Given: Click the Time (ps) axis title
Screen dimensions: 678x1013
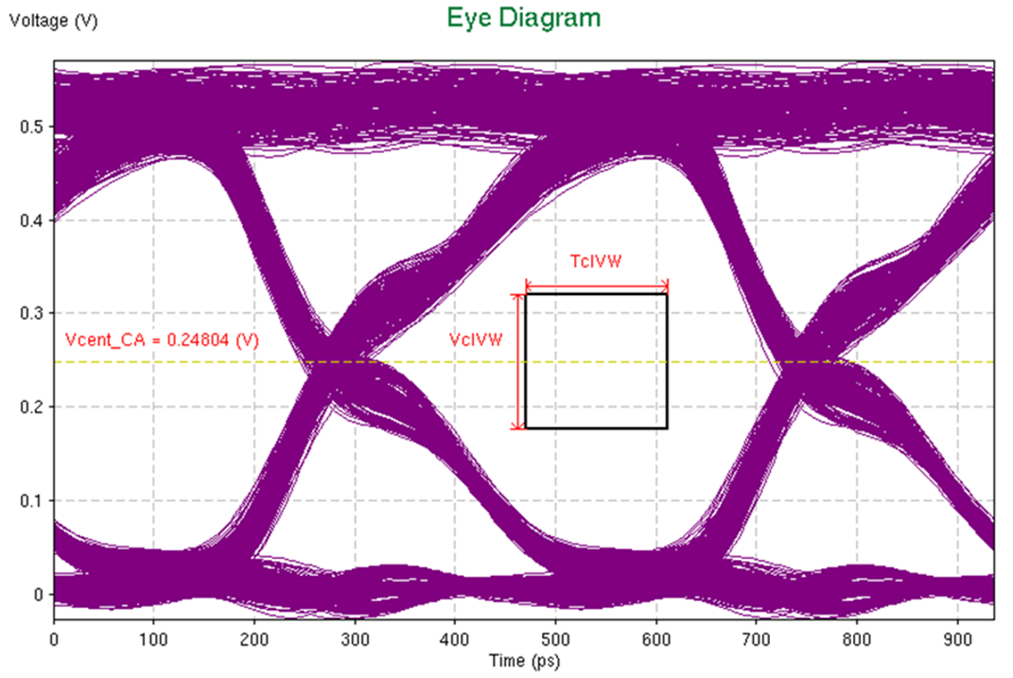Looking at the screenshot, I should pos(523,657).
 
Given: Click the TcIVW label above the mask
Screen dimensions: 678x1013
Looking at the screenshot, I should pos(596,262).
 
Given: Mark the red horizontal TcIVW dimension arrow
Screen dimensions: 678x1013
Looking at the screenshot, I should pos(597,283).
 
